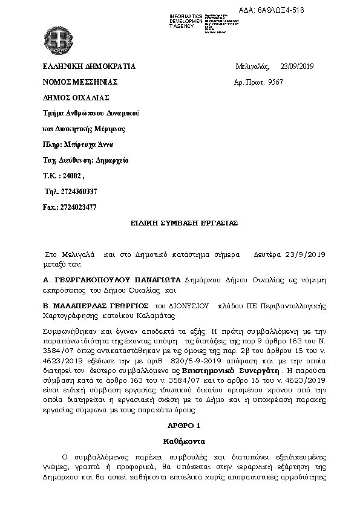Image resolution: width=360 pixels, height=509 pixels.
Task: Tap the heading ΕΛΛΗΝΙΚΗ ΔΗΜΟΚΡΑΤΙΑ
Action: click(89, 66)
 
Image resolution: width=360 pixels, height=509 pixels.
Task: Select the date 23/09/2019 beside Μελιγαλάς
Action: click(297, 66)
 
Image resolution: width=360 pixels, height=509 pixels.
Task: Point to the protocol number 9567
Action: click(276, 82)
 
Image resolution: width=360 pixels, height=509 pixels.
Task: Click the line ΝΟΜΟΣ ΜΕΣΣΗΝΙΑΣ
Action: click(80, 82)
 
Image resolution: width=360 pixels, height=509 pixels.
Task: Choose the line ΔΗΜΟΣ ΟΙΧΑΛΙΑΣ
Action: click(76, 97)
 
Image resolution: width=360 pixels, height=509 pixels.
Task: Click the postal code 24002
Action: click(71, 176)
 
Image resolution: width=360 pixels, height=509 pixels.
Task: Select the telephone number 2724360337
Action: click(76, 192)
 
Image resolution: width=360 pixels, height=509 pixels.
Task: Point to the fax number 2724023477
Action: click(79, 207)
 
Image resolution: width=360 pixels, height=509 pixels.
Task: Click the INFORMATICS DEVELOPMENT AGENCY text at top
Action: click(186, 21)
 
